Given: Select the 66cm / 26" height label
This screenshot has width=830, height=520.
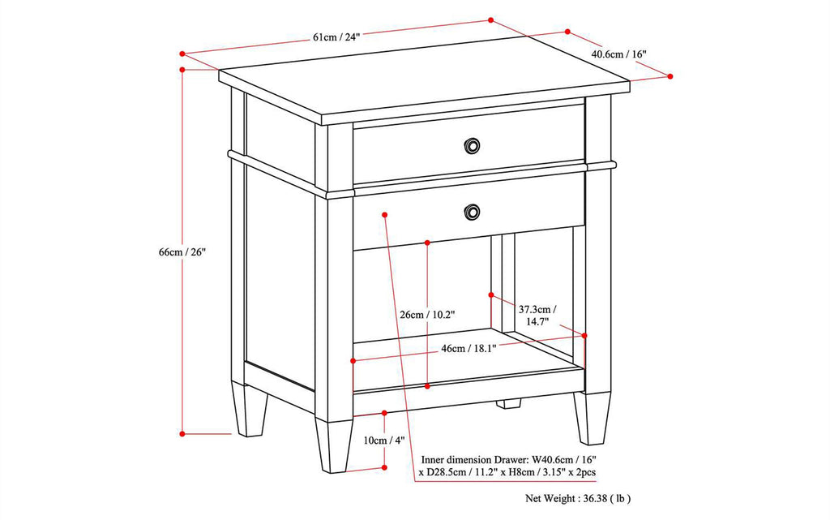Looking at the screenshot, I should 183,252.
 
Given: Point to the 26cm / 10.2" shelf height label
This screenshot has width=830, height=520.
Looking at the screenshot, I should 427,314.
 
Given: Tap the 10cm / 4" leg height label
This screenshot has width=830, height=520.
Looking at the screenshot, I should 383,440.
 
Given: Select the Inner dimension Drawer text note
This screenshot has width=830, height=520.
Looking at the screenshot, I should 510,465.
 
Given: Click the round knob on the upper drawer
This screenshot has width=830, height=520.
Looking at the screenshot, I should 471,145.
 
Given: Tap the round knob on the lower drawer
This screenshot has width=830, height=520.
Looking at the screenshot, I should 471,213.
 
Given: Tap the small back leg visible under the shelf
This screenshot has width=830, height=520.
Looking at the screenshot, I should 510,402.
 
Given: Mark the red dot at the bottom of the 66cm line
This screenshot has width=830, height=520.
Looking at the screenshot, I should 183,433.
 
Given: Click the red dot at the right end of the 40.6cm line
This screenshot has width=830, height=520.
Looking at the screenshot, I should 670,75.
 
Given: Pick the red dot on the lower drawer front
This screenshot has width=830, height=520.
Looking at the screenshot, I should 384,215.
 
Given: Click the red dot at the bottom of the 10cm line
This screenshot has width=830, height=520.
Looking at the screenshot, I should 383,468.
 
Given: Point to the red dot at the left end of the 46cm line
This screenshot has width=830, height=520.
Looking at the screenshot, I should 353,360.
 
